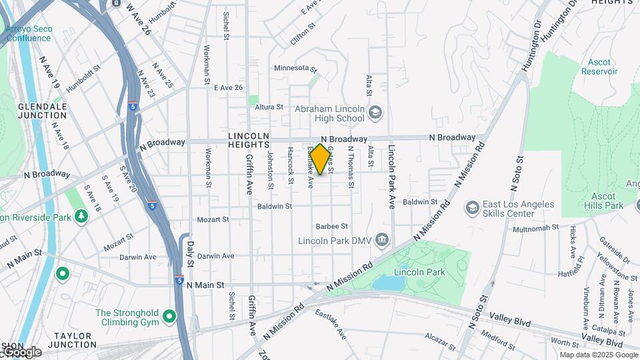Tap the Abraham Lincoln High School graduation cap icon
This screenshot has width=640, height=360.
pyautogui.click(x=375, y=113)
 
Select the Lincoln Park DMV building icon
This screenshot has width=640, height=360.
pyautogui.click(x=382, y=239)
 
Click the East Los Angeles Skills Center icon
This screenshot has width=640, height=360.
pyautogui.click(x=473, y=208)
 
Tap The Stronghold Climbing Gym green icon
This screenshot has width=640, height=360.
pyautogui.click(x=169, y=315)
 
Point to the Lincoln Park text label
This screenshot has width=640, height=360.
pyautogui.click(x=419, y=272)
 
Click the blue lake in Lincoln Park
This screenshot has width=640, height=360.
pyautogui.click(x=387, y=283)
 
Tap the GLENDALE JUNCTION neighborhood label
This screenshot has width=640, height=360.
pyautogui.click(x=42, y=111)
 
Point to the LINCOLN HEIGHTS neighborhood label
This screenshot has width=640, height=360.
pyautogui.click(x=248, y=140)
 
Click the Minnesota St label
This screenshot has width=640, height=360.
pyautogui.click(x=295, y=68)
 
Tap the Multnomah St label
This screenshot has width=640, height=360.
pyautogui.click(x=535, y=228)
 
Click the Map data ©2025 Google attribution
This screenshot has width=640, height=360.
pyautogui.click(x=598, y=355)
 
